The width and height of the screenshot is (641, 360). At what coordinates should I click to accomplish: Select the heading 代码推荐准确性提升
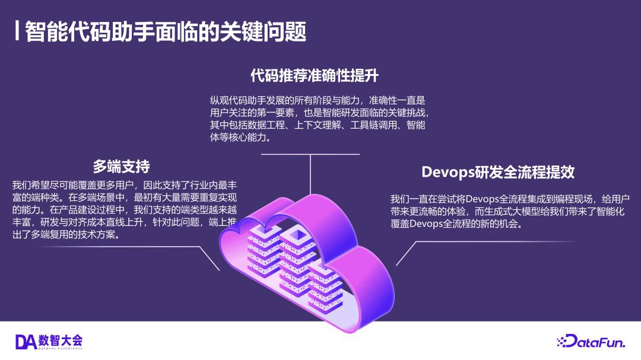tap(315, 76)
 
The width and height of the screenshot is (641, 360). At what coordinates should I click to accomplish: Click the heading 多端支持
tap(121, 165)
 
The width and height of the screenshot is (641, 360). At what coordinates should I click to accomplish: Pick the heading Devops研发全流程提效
tap(497, 173)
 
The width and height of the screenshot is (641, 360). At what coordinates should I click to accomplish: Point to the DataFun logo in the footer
tap(594, 340)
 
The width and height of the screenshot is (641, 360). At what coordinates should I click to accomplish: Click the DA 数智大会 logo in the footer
tap(49, 340)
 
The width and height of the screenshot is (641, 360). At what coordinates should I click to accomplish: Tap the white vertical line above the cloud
tap(310, 175)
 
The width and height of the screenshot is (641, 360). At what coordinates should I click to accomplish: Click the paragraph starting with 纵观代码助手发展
tap(318, 119)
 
